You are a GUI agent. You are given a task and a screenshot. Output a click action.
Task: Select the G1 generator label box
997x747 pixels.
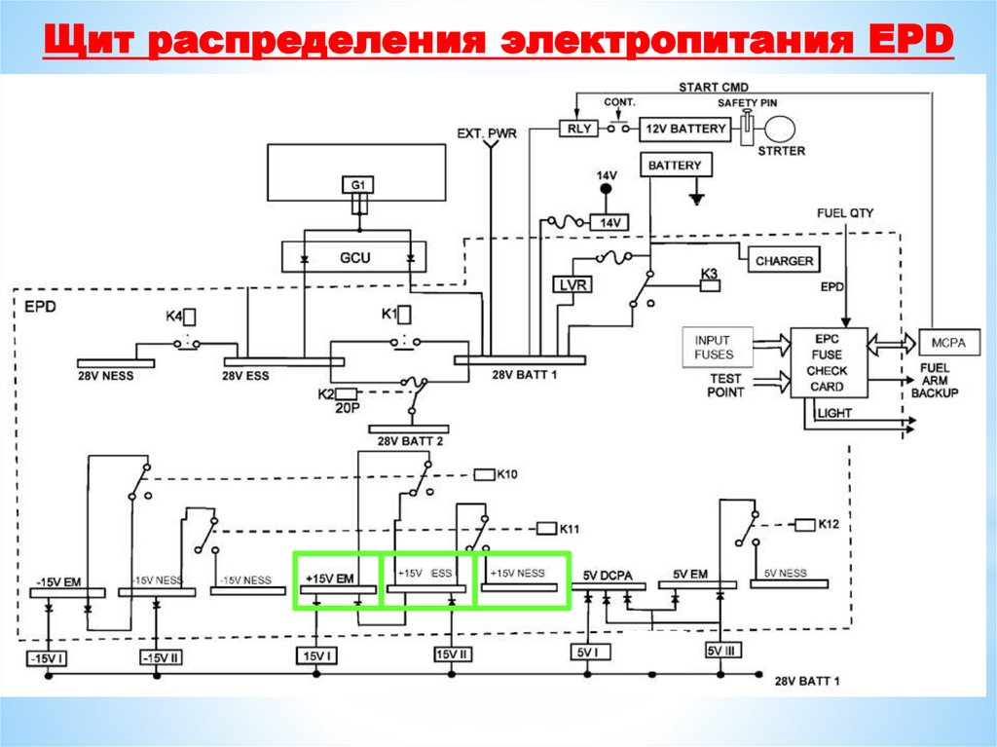pos(358,184)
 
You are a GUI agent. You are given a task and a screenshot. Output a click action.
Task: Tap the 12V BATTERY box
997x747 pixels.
pos(684,129)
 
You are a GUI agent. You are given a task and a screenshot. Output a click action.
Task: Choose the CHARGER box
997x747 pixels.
pos(785,261)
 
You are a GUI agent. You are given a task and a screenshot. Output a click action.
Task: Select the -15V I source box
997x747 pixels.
pos(47,658)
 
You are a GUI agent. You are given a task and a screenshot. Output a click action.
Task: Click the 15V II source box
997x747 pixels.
pos(454,654)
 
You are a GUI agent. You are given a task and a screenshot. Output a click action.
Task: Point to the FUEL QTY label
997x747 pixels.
pos(845,212)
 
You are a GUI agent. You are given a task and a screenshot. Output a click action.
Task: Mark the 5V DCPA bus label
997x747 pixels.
pos(608,575)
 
